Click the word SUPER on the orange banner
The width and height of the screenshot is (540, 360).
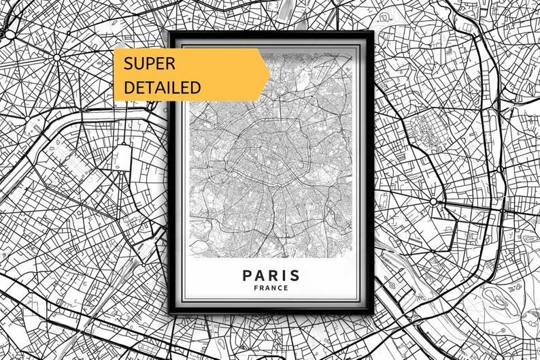coord(149,64)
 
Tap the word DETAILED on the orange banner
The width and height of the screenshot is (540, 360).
coord(162,87)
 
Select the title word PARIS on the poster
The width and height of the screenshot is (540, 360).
coord(271,275)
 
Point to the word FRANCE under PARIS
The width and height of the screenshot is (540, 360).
coord(271,288)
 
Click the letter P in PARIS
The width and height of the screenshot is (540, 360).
coord(247,275)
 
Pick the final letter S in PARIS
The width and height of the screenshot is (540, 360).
coord(294,275)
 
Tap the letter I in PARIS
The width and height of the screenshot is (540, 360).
coord(283,275)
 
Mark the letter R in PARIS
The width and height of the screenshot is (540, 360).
coord(271,275)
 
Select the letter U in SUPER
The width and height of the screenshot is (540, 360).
coord(138,64)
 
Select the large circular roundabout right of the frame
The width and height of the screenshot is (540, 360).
coord(433,202)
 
